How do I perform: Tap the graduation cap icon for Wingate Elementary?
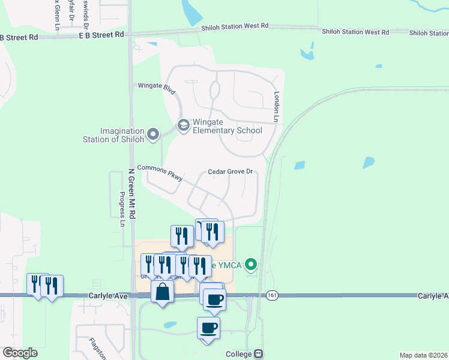coord(183,125)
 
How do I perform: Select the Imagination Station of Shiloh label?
coord(122,136)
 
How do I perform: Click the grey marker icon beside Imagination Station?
coord(153,134)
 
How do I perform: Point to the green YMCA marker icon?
coord(252,263)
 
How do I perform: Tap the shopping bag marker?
coord(163,293)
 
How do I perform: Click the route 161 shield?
coord(273,295)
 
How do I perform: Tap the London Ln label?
coord(277,107)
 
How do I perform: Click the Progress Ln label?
coord(122,209)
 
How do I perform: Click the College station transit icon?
coord(258,354)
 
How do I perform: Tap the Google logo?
coord(20,353)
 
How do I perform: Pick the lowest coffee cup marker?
coord(208,328)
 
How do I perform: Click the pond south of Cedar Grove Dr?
coord(170,325)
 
